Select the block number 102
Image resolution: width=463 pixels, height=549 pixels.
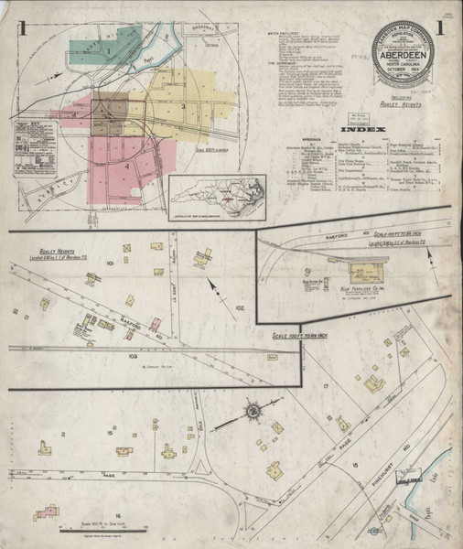pyautogui.click(x=239, y=308)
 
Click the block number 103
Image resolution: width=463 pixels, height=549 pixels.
pyautogui.click(x=132, y=353)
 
